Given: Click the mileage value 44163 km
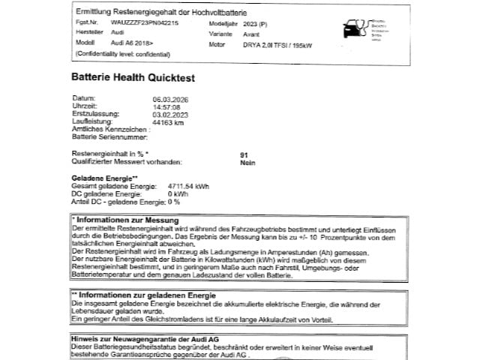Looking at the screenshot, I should pos(167,121).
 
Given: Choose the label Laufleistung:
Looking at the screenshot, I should pos(91,121).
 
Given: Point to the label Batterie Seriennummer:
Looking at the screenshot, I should pos(110,136).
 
